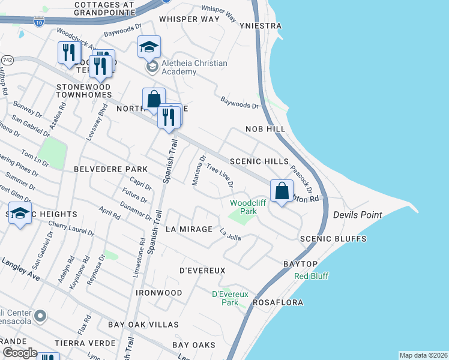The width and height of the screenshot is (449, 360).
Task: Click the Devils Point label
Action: pyautogui.click(x=358, y=214)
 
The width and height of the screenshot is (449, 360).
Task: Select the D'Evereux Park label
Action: pyautogui.click(x=226, y=298)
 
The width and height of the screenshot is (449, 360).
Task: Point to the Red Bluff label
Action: pyautogui.click(x=311, y=276)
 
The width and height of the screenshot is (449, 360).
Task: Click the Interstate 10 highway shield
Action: pyautogui.click(x=38, y=21)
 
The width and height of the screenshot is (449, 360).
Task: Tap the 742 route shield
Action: pyautogui.click(x=7, y=61)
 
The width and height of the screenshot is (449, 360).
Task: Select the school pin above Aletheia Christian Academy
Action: pyautogui.click(x=149, y=47)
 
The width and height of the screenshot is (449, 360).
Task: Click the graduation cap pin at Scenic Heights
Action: pyautogui.click(x=20, y=214)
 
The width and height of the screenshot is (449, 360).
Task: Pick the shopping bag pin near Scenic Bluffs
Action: pyautogui.click(x=282, y=191)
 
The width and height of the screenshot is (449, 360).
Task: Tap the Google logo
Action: pyautogui.click(x=19, y=352)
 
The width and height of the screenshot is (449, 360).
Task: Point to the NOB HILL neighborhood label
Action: pyautogui.click(x=263, y=129)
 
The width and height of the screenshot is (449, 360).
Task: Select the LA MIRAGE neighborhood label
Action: pyautogui.click(x=188, y=229)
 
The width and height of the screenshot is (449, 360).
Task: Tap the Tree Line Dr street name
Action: pyautogui.click(x=219, y=176)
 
